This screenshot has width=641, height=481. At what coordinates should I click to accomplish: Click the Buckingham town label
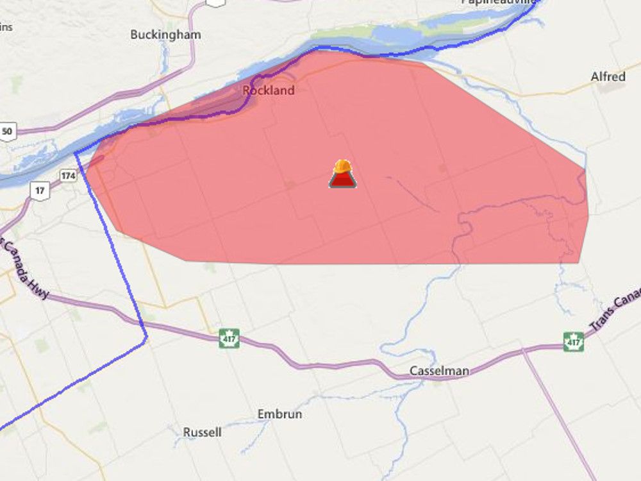(165, 35)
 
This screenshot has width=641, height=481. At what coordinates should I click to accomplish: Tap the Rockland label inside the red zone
(269, 90)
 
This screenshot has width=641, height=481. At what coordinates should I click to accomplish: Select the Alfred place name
(608, 77)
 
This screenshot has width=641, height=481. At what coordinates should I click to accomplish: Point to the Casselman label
(439, 371)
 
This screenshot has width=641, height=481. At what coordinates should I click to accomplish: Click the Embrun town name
(279, 414)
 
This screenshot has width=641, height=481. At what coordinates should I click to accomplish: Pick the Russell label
(202, 432)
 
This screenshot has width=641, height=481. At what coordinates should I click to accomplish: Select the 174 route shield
(69, 175)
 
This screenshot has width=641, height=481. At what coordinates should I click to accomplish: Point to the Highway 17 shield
(41, 189)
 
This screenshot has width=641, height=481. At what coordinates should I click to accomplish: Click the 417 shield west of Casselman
(229, 338)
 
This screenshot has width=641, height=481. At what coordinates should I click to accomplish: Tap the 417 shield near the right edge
(574, 342)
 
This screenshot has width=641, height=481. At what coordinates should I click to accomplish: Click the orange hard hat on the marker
(343, 167)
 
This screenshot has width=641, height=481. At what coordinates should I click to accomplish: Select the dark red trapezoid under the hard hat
(343, 181)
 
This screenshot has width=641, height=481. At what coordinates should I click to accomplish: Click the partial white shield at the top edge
(215, 3)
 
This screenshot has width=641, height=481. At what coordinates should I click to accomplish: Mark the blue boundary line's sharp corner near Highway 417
(147, 337)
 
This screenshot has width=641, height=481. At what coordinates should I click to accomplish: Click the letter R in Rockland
(247, 90)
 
